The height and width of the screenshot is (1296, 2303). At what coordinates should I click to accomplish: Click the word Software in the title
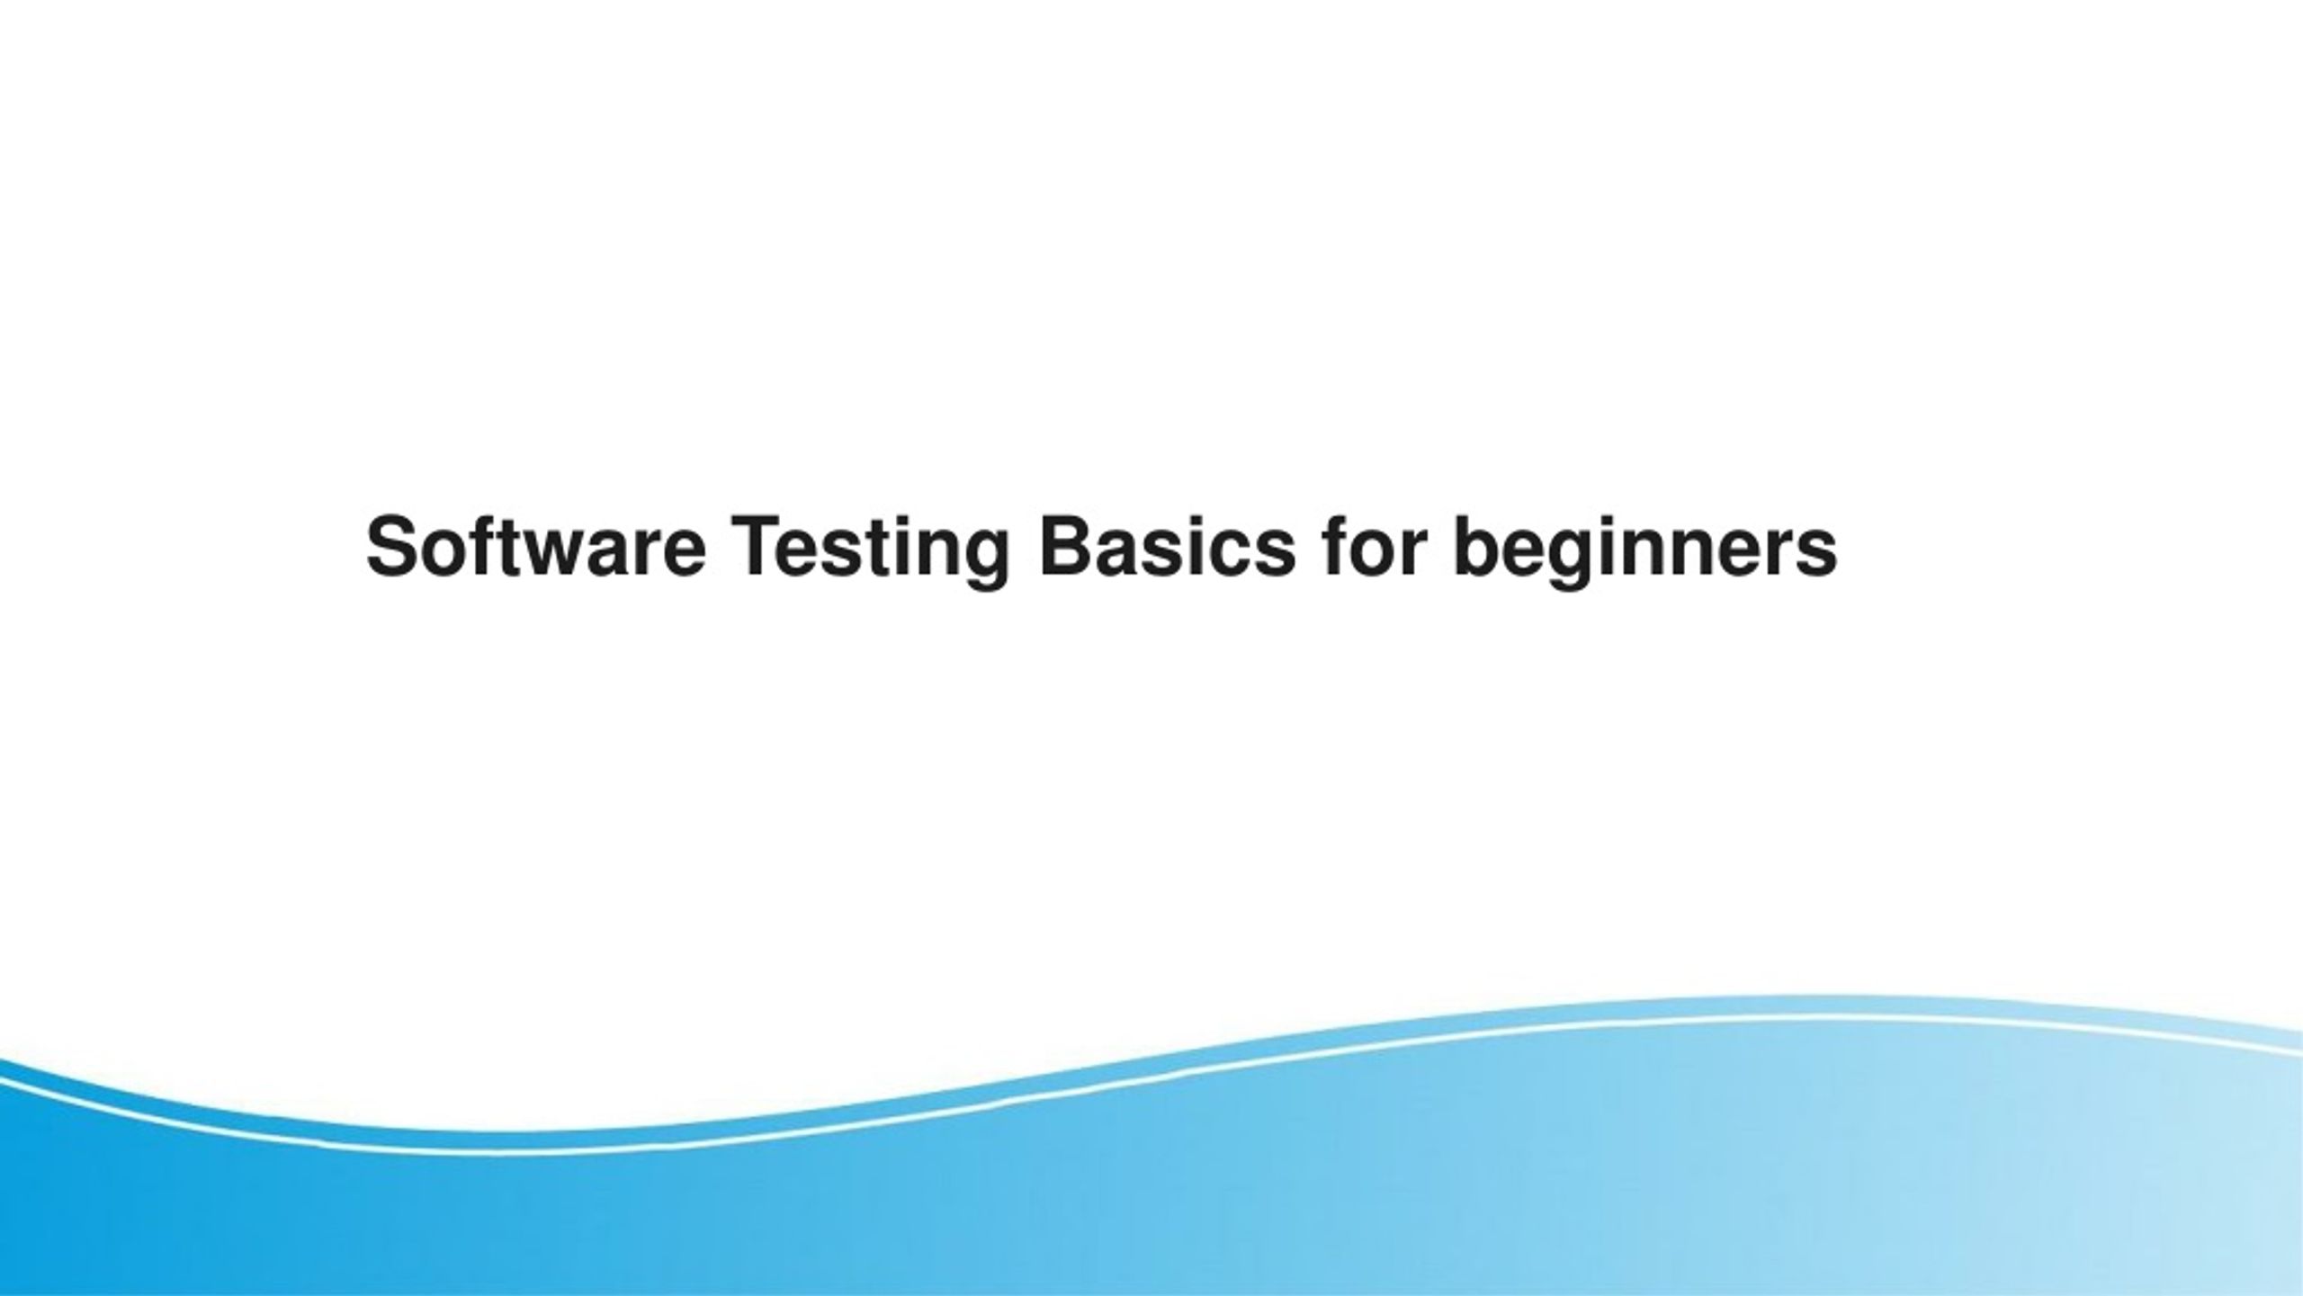(x=535, y=547)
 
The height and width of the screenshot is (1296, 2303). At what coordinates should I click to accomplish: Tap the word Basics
(x=1167, y=547)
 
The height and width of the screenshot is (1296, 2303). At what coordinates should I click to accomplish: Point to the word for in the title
(x=1376, y=547)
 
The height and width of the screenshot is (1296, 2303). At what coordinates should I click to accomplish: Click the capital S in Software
(x=394, y=547)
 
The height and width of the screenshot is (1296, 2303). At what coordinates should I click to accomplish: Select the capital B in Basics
(x=1068, y=547)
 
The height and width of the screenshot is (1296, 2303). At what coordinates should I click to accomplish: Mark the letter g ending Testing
(x=985, y=561)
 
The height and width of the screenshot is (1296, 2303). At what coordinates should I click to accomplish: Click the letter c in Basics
(x=1221, y=554)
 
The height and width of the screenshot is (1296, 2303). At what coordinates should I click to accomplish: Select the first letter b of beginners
(x=1479, y=547)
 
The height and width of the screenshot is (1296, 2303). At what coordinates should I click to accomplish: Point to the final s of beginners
(x=1814, y=554)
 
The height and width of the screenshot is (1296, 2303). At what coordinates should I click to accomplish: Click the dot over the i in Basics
(x=1185, y=522)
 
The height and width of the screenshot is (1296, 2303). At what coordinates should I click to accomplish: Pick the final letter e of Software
(x=683, y=554)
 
